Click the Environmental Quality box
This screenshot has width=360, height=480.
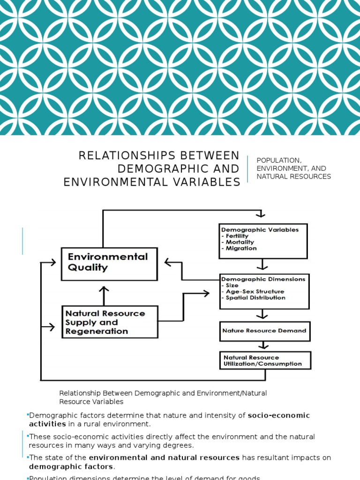109,263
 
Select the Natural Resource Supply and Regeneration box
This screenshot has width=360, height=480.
110,322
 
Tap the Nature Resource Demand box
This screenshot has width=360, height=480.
264,331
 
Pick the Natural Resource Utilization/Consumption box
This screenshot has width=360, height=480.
265,360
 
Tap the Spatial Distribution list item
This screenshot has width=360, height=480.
255,298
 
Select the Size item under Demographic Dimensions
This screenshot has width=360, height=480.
232,285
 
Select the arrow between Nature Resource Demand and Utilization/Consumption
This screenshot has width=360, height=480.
265,346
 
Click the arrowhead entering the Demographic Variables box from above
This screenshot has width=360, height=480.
261,214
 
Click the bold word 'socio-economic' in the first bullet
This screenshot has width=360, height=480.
279,415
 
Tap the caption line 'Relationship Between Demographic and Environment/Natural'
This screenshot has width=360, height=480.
163,393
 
